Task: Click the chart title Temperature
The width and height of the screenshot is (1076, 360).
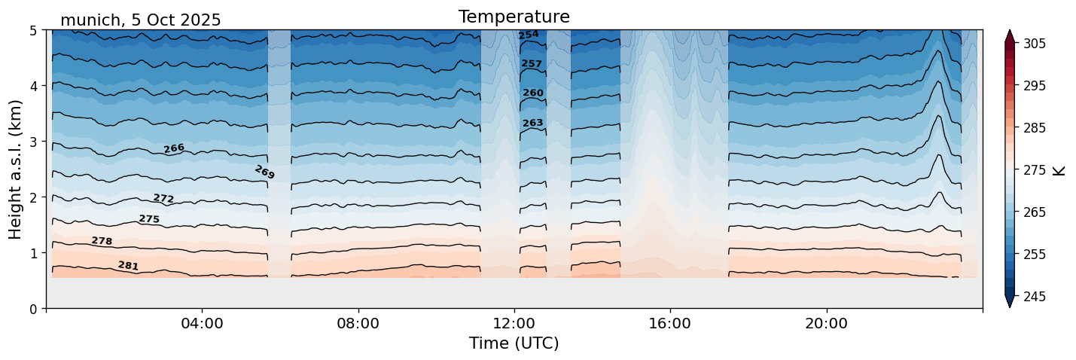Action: (514, 17)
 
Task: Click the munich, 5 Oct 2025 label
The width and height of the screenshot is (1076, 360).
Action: (140, 20)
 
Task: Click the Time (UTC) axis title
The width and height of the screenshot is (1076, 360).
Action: (514, 343)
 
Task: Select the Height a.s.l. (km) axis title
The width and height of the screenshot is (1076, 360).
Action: (16, 169)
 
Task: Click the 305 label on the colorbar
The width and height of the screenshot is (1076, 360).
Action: (1034, 44)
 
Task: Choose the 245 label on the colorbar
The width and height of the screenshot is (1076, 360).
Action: (1034, 297)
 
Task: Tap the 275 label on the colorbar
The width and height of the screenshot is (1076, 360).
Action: (1034, 170)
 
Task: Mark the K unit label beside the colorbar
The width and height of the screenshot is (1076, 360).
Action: (1059, 170)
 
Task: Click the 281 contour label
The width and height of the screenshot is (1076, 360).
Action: (128, 266)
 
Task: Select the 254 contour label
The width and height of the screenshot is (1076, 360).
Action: (529, 35)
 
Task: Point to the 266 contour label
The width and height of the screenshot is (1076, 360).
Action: (174, 148)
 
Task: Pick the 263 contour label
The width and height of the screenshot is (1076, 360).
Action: (532, 123)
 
